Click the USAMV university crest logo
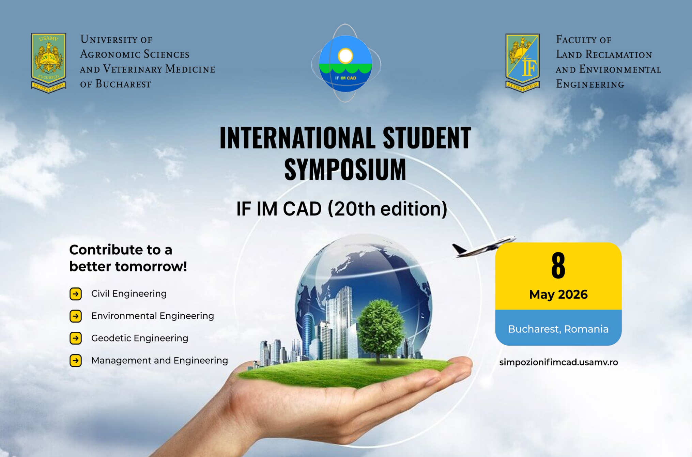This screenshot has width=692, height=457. coord(48,63)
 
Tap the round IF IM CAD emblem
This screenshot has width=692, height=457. coord(345,63)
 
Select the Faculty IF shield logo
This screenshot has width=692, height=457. coord(522,63)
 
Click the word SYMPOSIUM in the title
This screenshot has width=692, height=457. coord(345,169)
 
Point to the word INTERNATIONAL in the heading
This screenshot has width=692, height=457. coord(297,138)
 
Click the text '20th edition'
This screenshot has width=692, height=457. coord(387,208)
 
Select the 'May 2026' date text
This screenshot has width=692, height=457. coord(558,295)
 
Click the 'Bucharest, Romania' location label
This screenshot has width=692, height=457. coord(558,329)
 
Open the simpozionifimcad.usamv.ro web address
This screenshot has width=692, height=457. coord(558,362)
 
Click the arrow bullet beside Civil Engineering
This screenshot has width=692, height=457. coord(76,294)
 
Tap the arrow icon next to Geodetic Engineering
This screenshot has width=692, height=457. coord(76,338)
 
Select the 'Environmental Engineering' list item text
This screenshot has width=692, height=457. coord(153,316)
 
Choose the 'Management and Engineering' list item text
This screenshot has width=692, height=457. coord(159,360)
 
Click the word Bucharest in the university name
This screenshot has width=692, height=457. coord(123,84)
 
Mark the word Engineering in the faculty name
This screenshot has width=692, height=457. coord(590,84)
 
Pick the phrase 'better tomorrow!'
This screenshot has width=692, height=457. coord(128,267)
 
